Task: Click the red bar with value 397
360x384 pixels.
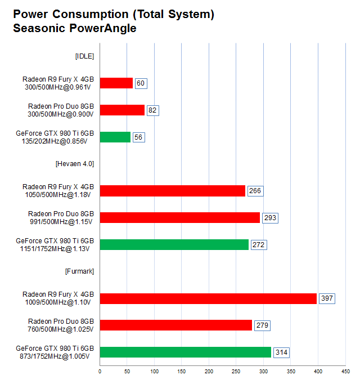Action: [208, 298]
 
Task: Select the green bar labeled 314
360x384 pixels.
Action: [185, 352]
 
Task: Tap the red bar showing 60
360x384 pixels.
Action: [116, 83]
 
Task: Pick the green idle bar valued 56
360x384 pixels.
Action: [115, 137]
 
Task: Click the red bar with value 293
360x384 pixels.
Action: [179, 218]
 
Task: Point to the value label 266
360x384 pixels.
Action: [255, 191]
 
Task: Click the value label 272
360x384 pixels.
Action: [259, 245]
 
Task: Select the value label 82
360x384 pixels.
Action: [152, 110]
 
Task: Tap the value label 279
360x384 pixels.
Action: [262, 325]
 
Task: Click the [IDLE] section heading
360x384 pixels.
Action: [84, 56]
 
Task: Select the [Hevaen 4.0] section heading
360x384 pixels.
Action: [75, 164]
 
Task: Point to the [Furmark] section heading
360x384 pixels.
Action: [79, 271]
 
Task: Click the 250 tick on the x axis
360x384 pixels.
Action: [236, 372]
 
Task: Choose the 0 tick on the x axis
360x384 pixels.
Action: [100, 372]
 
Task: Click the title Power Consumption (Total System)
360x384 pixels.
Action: [113, 15]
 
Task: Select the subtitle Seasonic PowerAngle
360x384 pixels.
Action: [75, 28]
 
